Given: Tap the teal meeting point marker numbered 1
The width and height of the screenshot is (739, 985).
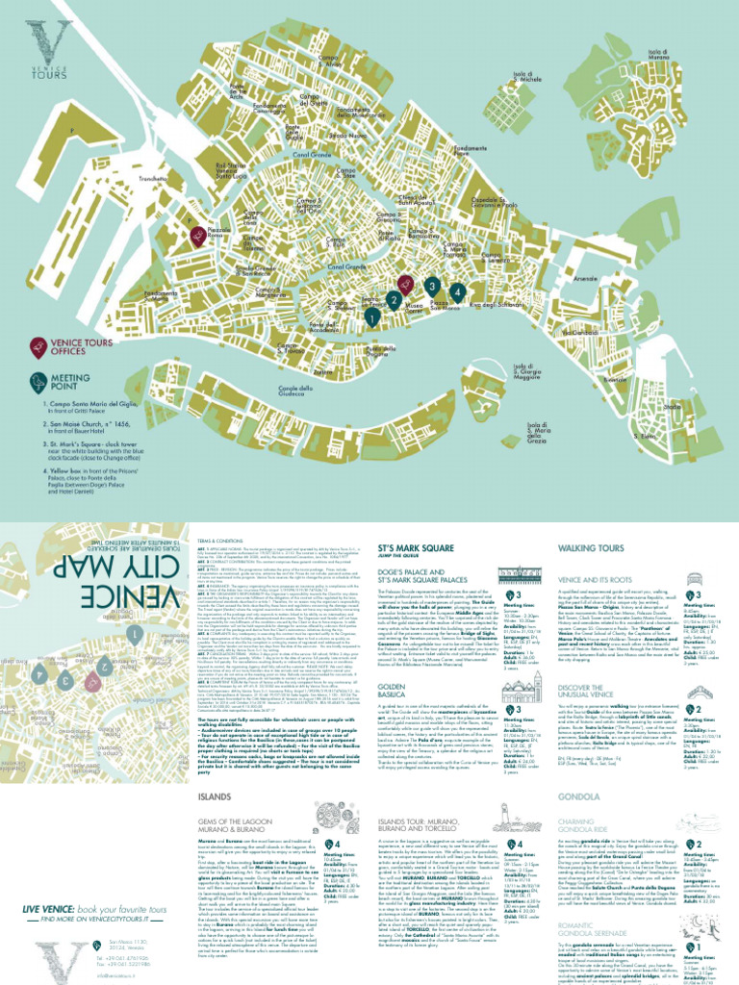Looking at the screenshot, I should point(370,315).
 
